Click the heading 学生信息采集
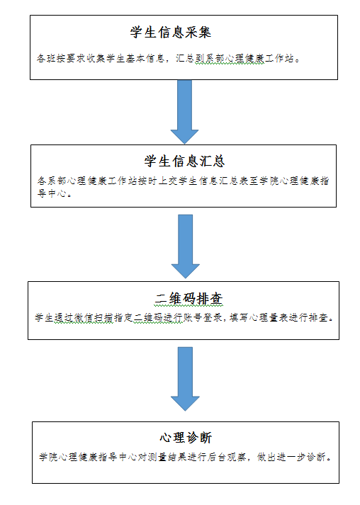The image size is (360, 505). pyautogui.click(x=171, y=32)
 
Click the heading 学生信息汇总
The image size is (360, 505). pyautogui.click(x=184, y=161)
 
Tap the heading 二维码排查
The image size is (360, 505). pyautogui.click(x=189, y=299)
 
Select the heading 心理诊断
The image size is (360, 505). pyautogui.click(x=186, y=438)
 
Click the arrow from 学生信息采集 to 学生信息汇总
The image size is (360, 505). pyautogui.click(x=184, y=112)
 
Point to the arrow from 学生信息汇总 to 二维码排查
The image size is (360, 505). pyautogui.click(x=186, y=246)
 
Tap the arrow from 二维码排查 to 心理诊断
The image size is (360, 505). pyautogui.click(x=185, y=379)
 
